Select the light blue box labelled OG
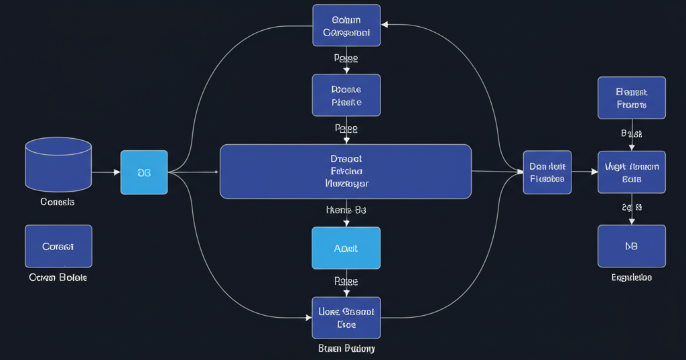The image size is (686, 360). coord(144,172)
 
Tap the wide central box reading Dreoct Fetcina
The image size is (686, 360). coord(346,172)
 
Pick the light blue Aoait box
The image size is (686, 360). coord(346,248)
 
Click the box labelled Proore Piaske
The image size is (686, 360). coord(346,95)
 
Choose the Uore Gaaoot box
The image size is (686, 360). coord(346,318)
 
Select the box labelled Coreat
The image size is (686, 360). coord(58,246)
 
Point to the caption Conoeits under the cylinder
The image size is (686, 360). coord(58,202)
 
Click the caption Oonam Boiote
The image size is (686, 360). coord(58,278)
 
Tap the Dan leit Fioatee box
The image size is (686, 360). coord(547,172)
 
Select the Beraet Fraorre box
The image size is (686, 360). coord(631,98)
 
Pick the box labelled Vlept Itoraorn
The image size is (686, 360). coord(631,172)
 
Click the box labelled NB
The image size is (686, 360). coord(631,246)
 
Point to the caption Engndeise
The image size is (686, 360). coord(631,278)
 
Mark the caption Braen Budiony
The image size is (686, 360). coord(346,349)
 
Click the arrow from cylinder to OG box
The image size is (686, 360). coord(106,172)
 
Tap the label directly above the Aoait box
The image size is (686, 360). coord(346,210)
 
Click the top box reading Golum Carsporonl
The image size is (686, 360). coord(346,25)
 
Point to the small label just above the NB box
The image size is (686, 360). coord(631,207)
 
